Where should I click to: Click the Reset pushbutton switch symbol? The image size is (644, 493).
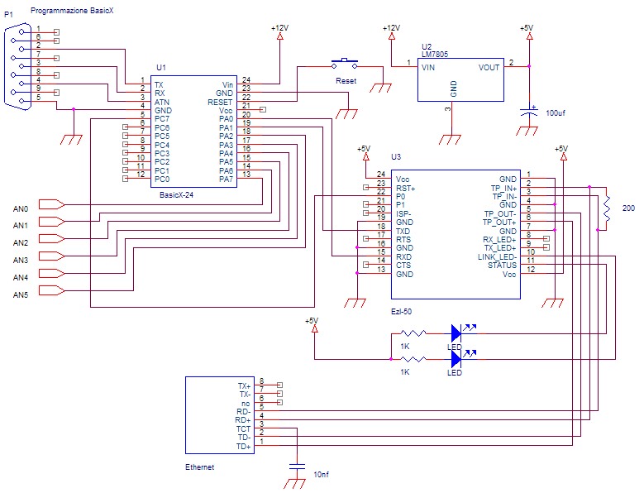pyautogui.click(x=345, y=63)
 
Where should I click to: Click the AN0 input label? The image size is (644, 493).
pyautogui.click(x=21, y=208)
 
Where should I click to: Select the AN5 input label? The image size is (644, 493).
pyautogui.click(x=21, y=294)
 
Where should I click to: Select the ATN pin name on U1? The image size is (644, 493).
pyautogui.click(x=162, y=102)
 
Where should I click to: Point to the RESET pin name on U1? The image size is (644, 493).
pyautogui.click(x=220, y=102)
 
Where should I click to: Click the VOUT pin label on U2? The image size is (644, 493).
pyautogui.click(x=489, y=67)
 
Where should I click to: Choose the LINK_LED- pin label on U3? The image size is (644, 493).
pyautogui.click(x=497, y=256)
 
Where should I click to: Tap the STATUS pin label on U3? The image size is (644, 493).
pyautogui.click(x=501, y=265)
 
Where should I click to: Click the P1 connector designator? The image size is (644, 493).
pyautogui.click(x=9, y=15)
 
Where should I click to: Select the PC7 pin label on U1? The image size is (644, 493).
pyautogui.click(x=162, y=119)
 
